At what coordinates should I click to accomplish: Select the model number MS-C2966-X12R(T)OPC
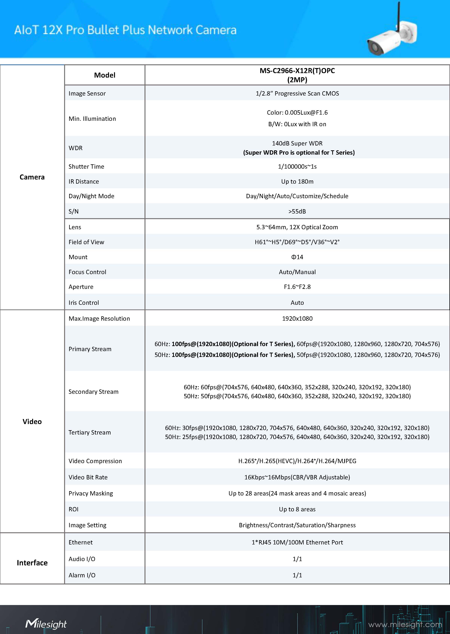click(297, 71)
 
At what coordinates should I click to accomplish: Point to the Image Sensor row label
click(87, 93)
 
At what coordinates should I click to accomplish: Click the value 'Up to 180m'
click(297, 182)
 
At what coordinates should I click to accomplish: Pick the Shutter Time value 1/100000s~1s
click(297, 167)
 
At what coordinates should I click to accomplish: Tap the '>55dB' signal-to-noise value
click(297, 211)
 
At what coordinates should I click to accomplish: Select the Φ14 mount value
click(297, 257)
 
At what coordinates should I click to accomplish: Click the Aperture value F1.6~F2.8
click(297, 287)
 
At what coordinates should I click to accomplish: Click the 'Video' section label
click(32, 421)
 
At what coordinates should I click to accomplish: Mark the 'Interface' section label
click(32, 563)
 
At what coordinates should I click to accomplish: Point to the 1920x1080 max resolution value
click(297, 319)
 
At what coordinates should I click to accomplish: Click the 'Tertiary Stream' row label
click(90, 432)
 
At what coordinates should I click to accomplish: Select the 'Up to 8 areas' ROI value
click(297, 509)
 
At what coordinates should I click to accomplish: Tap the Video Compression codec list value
click(297, 461)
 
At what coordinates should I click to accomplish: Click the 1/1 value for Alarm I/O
click(297, 575)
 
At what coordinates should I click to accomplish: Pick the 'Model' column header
click(105, 75)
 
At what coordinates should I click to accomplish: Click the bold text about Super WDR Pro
click(299, 152)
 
